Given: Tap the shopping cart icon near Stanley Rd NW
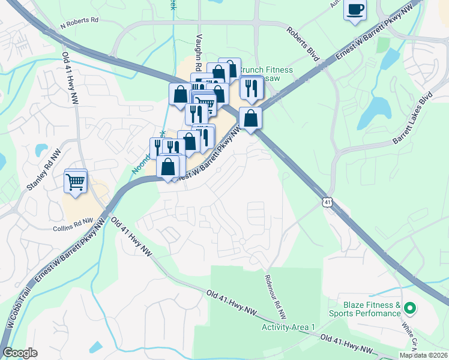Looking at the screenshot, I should pyautogui.click(x=76, y=181).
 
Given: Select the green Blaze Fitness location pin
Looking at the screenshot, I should pyautogui.click(x=410, y=308).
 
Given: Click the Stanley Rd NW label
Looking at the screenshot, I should pyautogui.click(x=44, y=171).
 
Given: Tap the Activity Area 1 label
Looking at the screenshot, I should pyautogui.click(x=288, y=327).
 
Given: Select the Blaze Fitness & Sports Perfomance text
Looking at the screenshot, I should pyautogui.click(x=364, y=309).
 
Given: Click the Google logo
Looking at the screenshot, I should pyautogui.click(x=20, y=353).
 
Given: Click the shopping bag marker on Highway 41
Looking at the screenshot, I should pyautogui.click(x=250, y=118).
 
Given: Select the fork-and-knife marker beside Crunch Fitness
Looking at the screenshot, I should pyautogui.click(x=252, y=88).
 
